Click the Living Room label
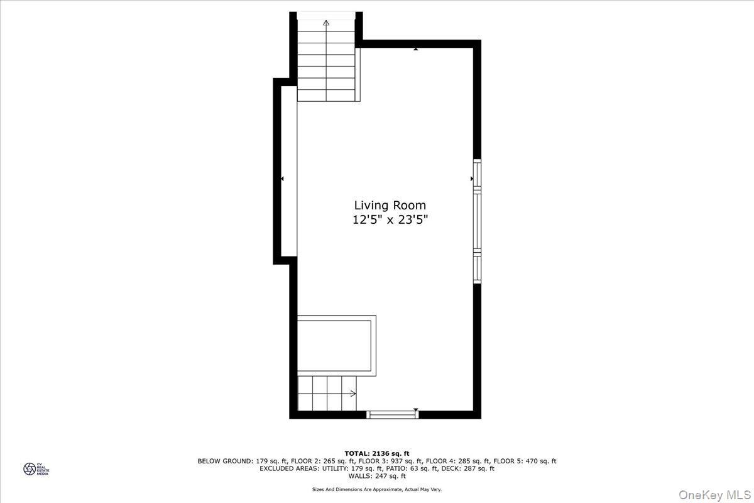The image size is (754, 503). pos(390,205)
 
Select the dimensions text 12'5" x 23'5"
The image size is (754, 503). pos(390,220)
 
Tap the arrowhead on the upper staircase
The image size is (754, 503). pos(326,23)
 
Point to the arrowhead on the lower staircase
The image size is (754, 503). pos(353,394)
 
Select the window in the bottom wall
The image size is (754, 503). pos(392,414)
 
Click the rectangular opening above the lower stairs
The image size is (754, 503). pos(336,346)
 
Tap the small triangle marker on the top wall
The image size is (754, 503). pos(416,48)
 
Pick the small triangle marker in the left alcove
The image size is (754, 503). pos(282,179)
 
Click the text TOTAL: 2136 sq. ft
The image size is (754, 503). pos(377,453)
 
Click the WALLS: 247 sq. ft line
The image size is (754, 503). pos(377,476)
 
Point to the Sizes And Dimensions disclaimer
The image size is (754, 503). pos(377,489)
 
